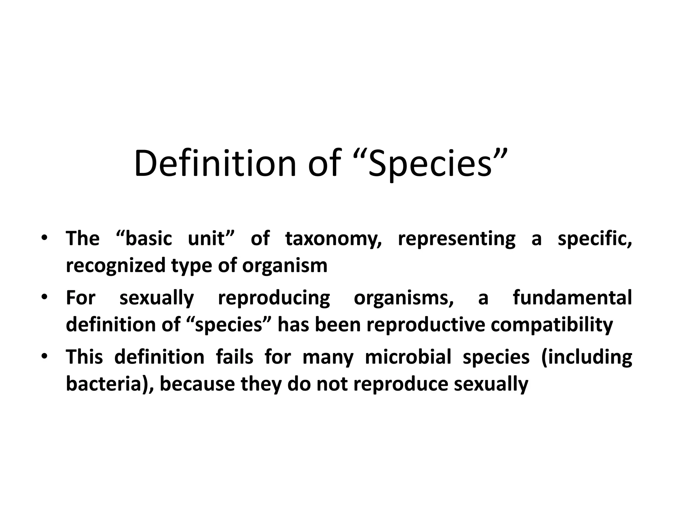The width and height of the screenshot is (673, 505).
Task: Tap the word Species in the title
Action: coord(430,163)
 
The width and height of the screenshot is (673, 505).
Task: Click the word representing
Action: coord(456,239)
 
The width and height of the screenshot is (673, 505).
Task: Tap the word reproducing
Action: coord(274,298)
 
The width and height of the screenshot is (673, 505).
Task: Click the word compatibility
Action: coord(552,325)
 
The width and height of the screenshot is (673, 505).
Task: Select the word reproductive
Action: coord(426,325)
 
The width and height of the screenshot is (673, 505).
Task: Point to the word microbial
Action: coord(408,357)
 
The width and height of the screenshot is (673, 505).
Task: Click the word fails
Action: coord(235,357)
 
